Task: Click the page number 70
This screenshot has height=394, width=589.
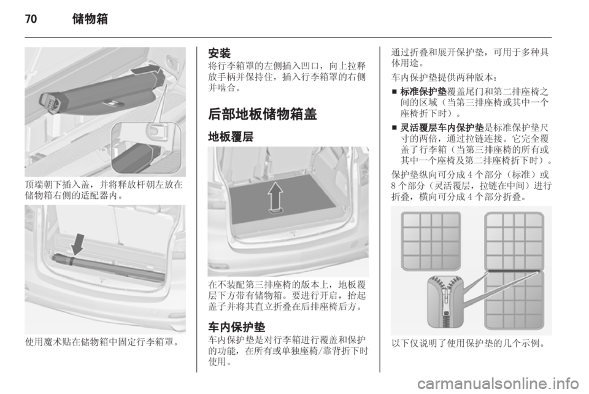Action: point(31,18)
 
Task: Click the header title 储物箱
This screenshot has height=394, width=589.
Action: point(90,18)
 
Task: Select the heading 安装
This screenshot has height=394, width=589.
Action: point(219,53)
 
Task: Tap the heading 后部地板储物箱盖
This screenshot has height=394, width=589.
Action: point(262,114)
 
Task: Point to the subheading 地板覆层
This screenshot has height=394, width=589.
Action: point(231,137)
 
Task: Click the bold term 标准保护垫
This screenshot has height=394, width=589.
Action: point(423,91)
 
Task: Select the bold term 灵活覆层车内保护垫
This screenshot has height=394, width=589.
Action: point(442,128)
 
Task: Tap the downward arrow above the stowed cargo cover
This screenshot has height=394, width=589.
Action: point(78,244)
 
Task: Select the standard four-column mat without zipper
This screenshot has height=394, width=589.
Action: point(431,241)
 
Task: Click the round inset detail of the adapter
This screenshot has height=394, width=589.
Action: point(146,148)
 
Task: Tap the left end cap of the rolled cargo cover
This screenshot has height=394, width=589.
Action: point(50,102)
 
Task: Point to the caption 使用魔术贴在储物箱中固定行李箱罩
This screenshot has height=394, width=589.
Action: point(101,342)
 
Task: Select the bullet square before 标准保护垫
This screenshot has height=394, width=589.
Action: point(394,91)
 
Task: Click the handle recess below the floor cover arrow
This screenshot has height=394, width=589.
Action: point(276,212)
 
